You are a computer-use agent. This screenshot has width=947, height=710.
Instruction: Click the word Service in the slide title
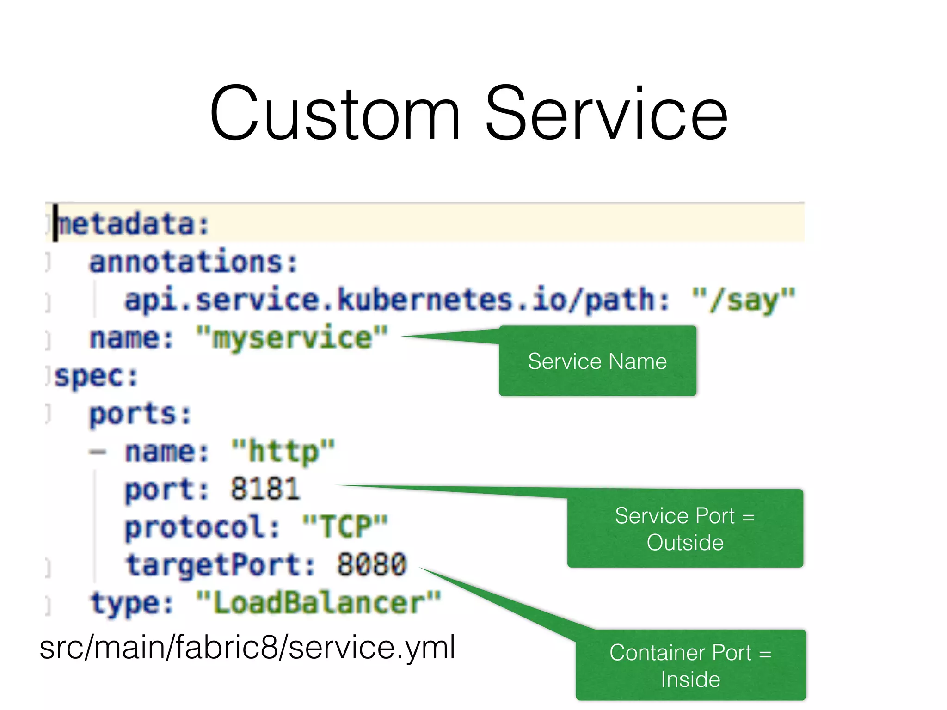click(606, 113)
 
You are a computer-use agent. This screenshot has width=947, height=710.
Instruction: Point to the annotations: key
click(193, 262)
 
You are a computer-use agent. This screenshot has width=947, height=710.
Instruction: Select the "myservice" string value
click(292, 338)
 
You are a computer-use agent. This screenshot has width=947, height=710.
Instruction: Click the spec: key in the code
click(96, 376)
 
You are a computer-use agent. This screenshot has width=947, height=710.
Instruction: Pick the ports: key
click(140, 414)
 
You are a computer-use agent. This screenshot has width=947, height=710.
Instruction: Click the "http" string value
click(283, 452)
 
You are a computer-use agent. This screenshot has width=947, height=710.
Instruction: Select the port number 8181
click(265, 489)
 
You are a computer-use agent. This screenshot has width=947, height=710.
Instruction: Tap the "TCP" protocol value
click(345, 527)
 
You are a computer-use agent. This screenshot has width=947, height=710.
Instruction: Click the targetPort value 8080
click(371, 565)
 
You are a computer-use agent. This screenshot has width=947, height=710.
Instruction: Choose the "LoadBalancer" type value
click(319, 603)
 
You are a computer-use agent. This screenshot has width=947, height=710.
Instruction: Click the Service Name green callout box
click(597, 361)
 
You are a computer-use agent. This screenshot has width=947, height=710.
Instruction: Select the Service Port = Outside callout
click(685, 529)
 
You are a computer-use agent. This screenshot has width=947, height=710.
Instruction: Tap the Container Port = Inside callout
click(690, 665)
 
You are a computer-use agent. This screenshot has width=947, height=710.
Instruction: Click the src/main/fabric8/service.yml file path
click(247, 647)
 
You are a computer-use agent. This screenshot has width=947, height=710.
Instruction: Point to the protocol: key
click(203, 527)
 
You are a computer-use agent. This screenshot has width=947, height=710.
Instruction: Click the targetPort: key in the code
click(220, 565)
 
